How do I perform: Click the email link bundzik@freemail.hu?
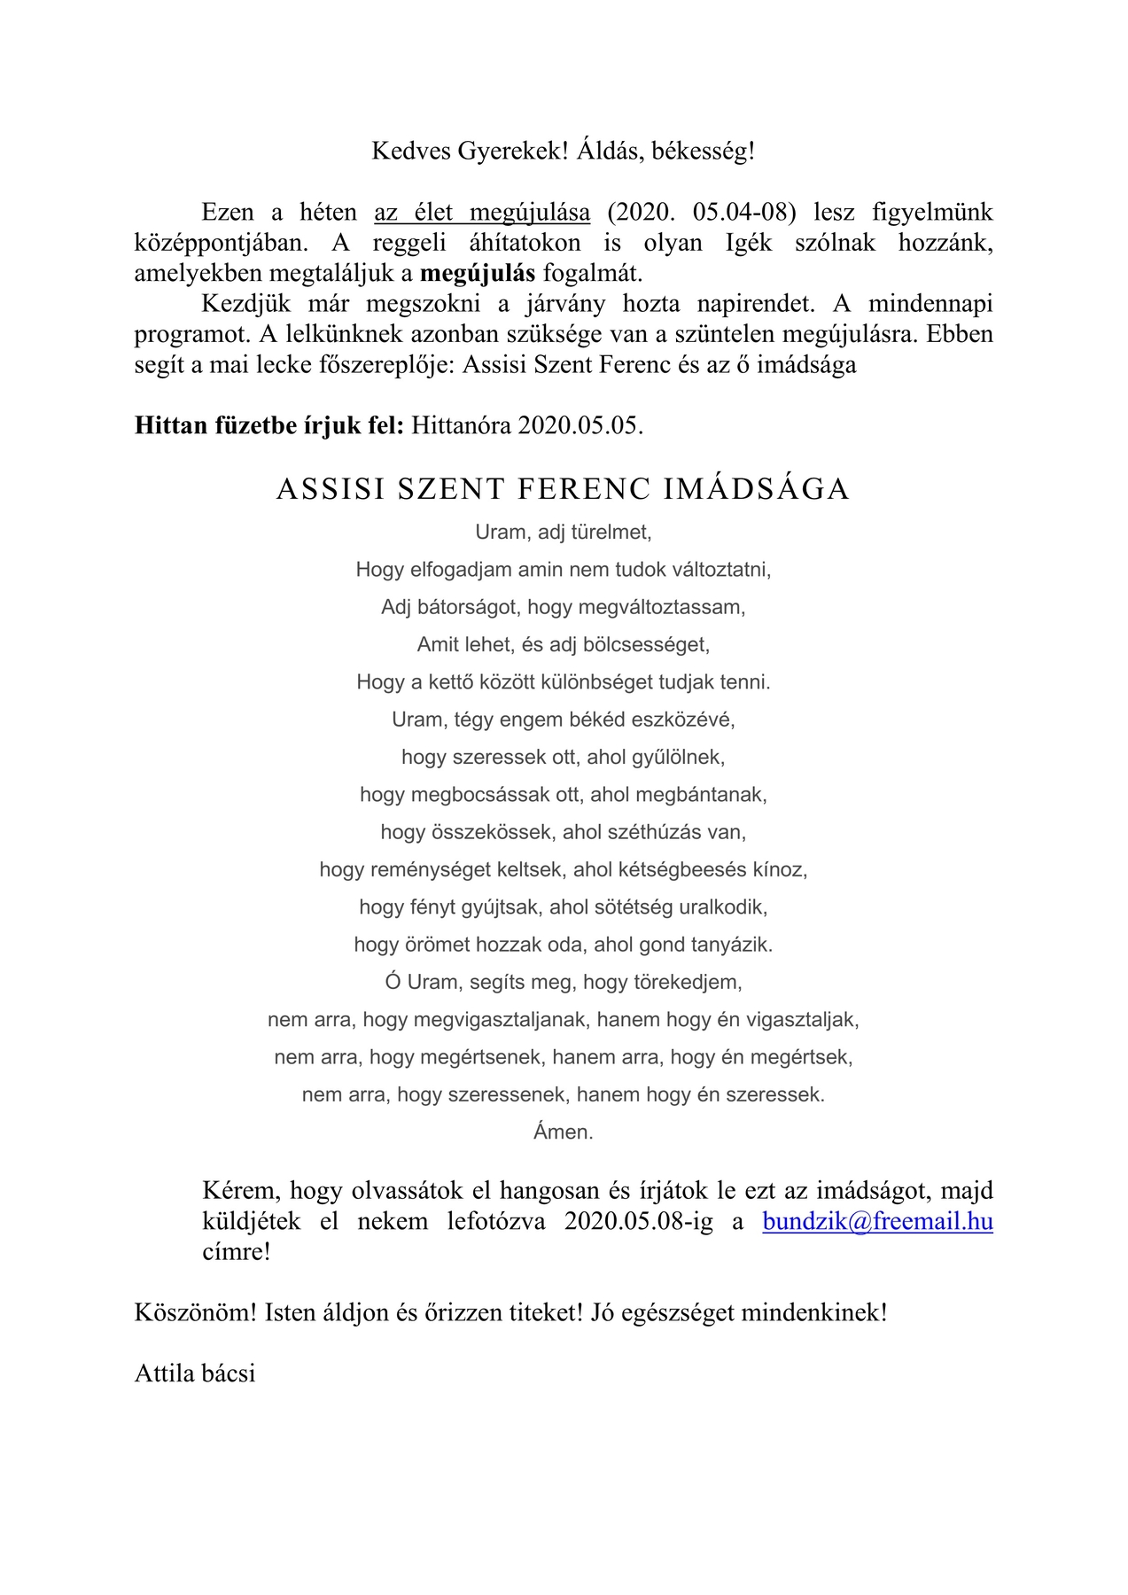pos(877,1221)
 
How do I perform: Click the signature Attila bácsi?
pos(195,1373)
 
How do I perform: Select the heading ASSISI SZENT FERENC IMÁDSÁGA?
pos(563,489)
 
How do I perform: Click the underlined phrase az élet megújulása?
pos(482,213)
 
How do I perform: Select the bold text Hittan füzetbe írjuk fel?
pos(269,425)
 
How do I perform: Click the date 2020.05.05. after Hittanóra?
pos(580,425)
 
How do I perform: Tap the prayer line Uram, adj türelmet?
pos(564,532)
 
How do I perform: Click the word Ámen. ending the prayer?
pos(564,1132)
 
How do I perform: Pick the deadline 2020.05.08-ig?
pos(638,1221)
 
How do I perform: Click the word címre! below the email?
pos(236,1252)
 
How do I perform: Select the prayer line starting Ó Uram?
pos(564,982)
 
